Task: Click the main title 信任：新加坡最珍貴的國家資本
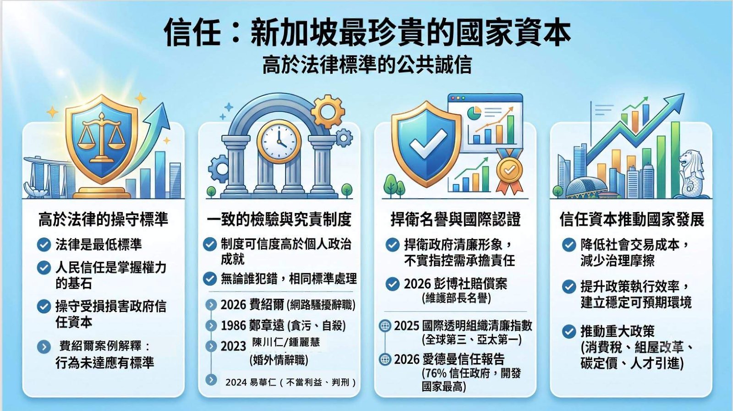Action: click(x=367, y=33)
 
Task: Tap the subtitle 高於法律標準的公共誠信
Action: click(x=367, y=65)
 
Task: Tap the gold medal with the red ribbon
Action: click(x=509, y=172)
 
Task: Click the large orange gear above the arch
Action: click(x=328, y=111)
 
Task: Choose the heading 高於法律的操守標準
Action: click(x=104, y=219)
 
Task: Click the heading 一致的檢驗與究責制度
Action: click(x=279, y=219)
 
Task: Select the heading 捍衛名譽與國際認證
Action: click(x=455, y=219)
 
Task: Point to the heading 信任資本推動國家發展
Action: click(x=632, y=219)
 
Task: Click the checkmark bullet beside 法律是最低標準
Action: click(x=44, y=244)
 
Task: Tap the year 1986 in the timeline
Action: click(x=233, y=326)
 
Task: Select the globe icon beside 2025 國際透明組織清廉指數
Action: click(x=385, y=326)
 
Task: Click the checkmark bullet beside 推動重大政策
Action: click(x=569, y=331)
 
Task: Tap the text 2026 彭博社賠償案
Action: click(x=455, y=284)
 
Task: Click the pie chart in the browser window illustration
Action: click(x=474, y=113)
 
